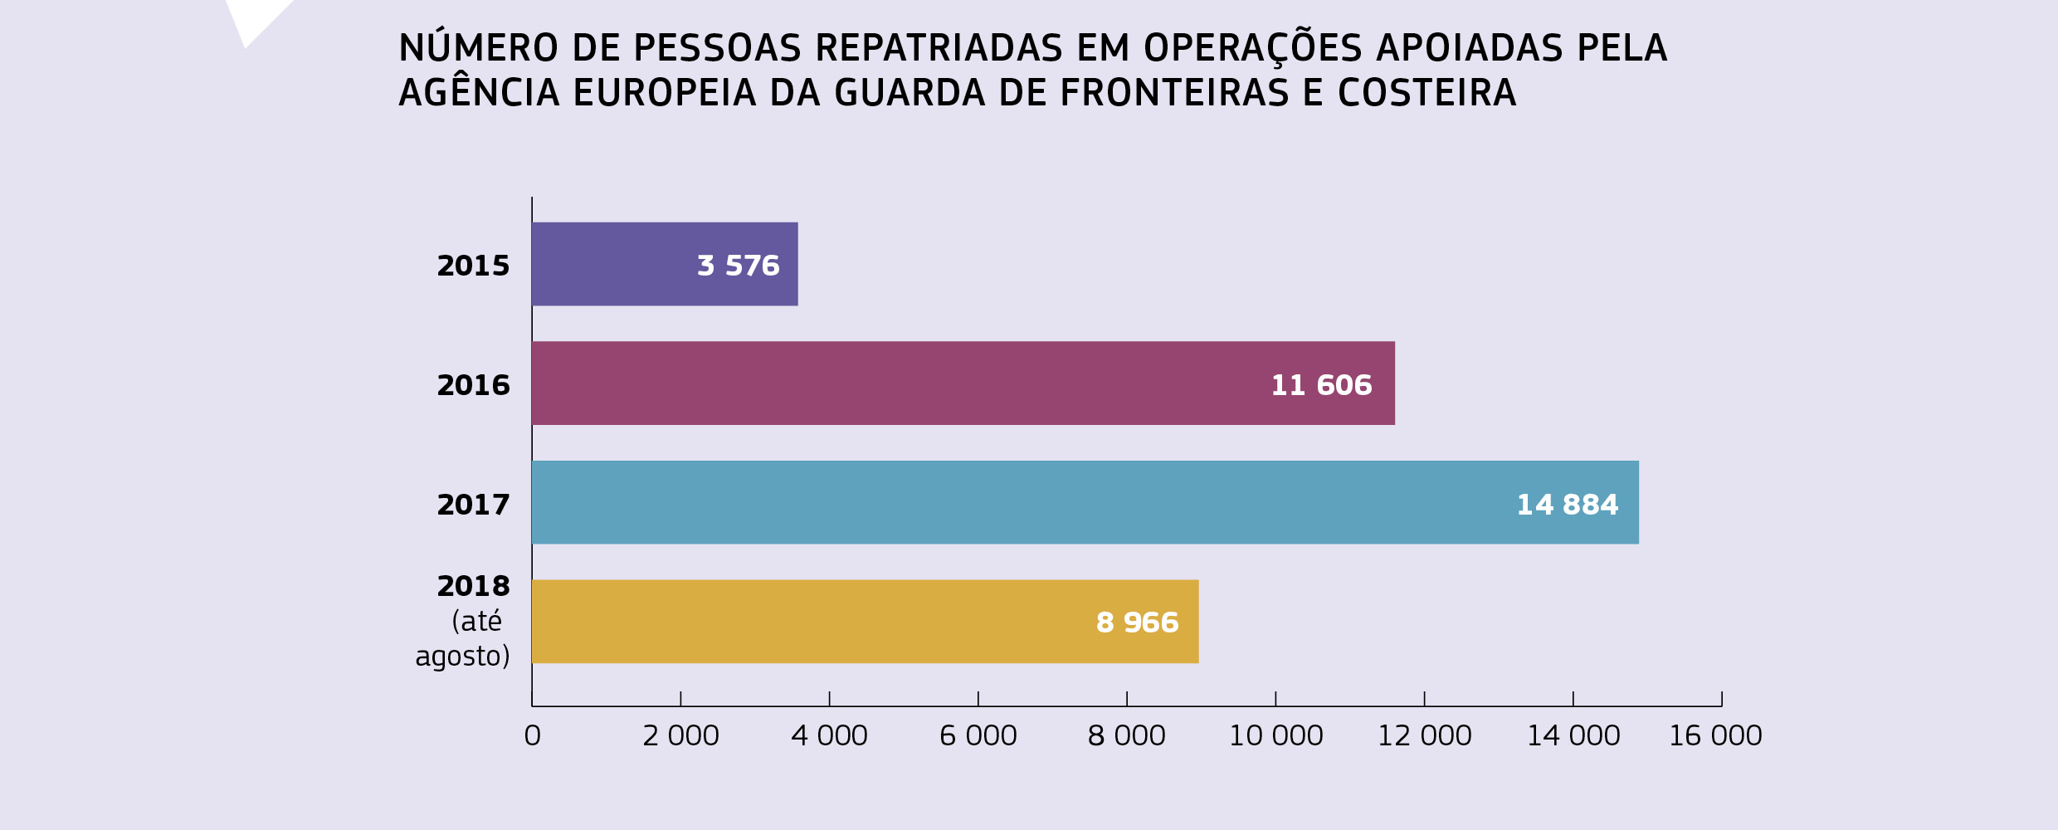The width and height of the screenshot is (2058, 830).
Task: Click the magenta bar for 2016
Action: tap(896, 383)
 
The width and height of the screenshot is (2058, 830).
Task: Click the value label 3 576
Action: tap(739, 266)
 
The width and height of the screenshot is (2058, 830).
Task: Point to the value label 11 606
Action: tap(1321, 385)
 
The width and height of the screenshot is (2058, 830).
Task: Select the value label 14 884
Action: tap(1567, 505)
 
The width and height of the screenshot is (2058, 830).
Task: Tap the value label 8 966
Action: tap(1137, 622)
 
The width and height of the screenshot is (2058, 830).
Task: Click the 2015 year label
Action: tap(473, 266)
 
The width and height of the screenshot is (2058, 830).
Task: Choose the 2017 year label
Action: tap(473, 505)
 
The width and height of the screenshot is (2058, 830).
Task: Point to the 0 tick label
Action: tap(532, 735)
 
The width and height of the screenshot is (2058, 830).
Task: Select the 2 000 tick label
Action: tap(680, 735)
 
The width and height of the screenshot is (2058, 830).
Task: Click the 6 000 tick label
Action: tap(978, 735)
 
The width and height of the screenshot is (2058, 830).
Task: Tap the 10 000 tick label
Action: tap(1275, 735)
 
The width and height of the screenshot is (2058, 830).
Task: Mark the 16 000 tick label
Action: tap(1715, 735)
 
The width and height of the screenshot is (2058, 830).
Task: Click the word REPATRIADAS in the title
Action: tap(939, 48)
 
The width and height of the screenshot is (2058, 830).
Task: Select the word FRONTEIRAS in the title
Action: tap(1174, 93)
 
